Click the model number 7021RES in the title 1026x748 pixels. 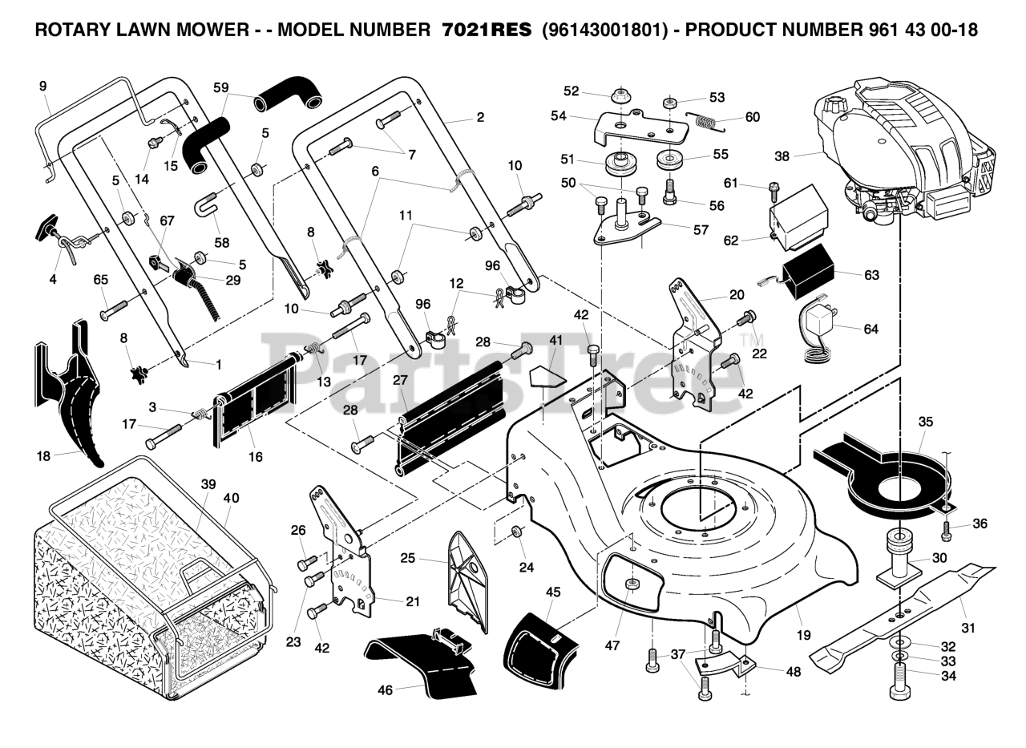tap(487, 30)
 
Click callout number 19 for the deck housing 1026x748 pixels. tap(803, 635)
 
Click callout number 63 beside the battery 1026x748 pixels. tap(871, 275)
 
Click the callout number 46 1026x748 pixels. tap(386, 689)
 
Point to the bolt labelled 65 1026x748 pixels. tap(115, 309)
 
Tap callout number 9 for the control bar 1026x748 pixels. tap(43, 86)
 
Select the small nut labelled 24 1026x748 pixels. tap(517, 532)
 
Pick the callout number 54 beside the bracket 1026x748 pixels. tap(559, 116)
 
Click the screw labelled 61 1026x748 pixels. tap(773, 192)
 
